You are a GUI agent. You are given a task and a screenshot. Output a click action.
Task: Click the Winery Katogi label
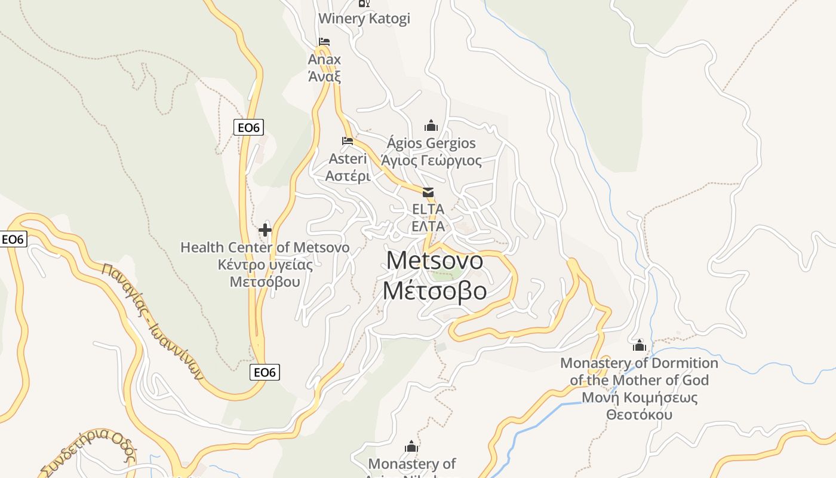pyautogui.click(x=364, y=19)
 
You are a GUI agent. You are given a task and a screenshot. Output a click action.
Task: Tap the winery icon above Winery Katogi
pyautogui.click(x=364, y=3)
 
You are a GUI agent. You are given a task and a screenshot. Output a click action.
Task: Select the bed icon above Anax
pyautogui.click(x=324, y=42)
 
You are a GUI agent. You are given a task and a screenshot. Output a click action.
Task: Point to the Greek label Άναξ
pyautogui.click(x=324, y=76)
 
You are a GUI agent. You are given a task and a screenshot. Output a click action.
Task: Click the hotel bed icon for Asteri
pyautogui.click(x=348, y=141)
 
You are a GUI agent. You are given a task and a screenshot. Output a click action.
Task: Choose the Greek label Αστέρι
pyautogui.click(x=348, y=176)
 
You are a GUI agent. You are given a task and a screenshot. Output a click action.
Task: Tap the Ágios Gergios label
pyautogui.click(x=431, y=143)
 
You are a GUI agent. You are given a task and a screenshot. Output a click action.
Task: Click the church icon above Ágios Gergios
pyautogui.click(x=431, y=125)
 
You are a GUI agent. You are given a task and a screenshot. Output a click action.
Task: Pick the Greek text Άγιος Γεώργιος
pyautogui.click(x=431, y=161)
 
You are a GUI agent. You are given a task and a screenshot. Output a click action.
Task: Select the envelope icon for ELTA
pyautogui.click(x=428, y=192)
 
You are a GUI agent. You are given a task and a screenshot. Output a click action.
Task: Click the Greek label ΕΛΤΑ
pyautogui.click(x=428, y=226)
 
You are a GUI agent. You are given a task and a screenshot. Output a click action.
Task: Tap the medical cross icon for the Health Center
pyautogui.click(x=265, y=229)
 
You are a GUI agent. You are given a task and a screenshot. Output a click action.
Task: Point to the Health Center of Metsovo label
pyautogui.click(x=265, y=247)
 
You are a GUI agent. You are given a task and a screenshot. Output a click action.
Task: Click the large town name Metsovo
pyautogui.click(x=435, y=261)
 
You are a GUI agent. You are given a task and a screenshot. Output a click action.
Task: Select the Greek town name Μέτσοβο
pyautogui.click(x=435, y=291)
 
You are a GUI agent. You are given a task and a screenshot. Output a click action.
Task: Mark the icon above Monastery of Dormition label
pyautogui.click(x=640, y=345)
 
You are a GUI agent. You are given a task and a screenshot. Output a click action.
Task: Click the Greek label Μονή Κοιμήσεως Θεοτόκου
pyautogui.click(x=639, y=406)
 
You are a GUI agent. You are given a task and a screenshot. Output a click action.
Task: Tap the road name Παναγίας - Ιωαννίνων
pyautogui.click(x=153, y=321)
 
